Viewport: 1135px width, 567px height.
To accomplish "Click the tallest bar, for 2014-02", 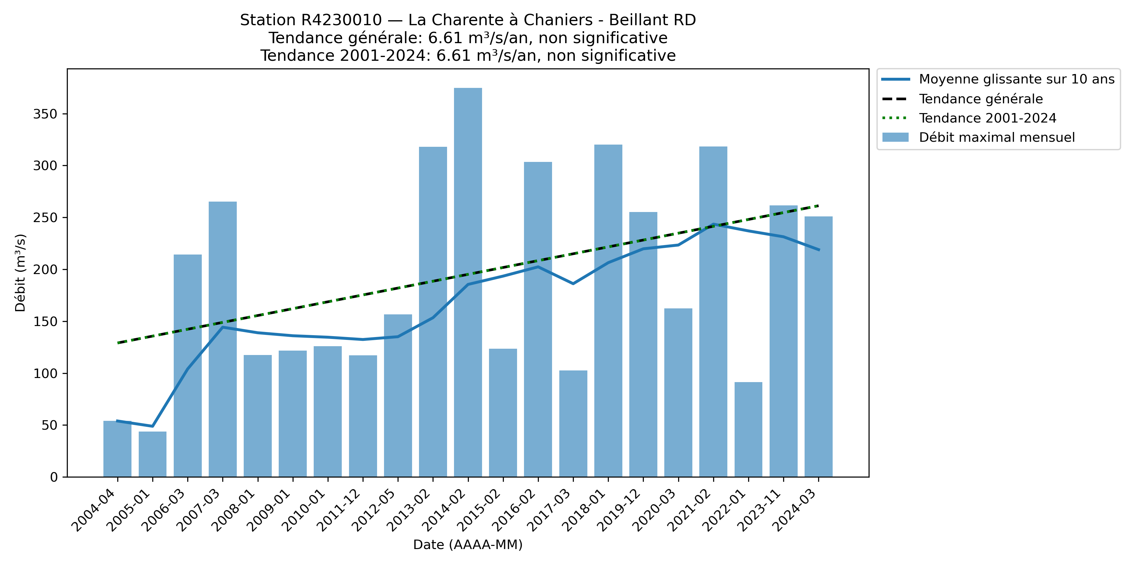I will tap(468, 282).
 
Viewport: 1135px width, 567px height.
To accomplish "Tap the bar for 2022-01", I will tap(748, 429).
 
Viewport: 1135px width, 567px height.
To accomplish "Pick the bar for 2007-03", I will tap(223, 339).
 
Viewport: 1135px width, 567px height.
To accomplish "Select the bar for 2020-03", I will tap(678, 392).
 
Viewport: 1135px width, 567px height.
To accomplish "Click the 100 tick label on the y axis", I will tap(45, 373).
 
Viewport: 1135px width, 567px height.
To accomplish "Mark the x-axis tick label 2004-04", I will tap(93, 511).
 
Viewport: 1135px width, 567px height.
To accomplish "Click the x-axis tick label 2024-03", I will tap(795, 511).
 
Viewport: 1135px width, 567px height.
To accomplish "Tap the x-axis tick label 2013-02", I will tap(409, 511).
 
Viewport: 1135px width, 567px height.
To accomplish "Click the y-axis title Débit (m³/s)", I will tap(20, 272).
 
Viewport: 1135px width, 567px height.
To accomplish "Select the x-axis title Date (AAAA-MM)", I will tap(468, 545).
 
